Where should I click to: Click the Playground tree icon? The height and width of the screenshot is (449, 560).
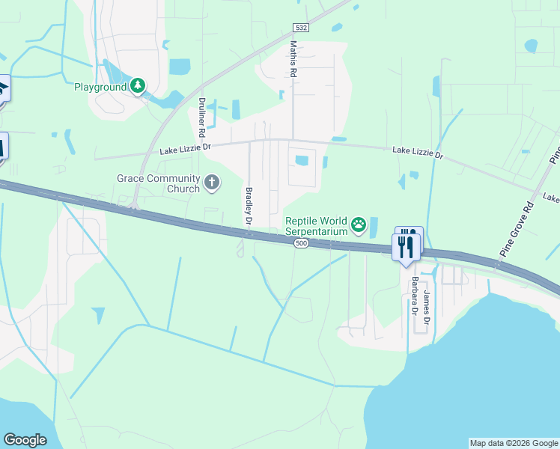coord(138,87)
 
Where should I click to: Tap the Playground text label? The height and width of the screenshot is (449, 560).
coord(100,87)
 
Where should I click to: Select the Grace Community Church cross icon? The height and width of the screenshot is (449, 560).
coord(212,182)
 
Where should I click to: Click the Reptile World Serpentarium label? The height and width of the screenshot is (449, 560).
coord(317,226)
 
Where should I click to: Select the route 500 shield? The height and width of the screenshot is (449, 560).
coord(301,244)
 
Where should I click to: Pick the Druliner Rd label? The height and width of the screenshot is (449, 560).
coord(202,117)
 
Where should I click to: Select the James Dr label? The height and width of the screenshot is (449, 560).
coord(427,307)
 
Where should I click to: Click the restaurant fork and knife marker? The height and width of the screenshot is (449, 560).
coord(407,245)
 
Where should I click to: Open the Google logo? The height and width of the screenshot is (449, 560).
coord(25,440)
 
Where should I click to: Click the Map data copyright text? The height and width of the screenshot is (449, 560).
coord(514,443)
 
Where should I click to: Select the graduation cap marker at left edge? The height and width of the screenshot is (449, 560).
coord(3,90)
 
